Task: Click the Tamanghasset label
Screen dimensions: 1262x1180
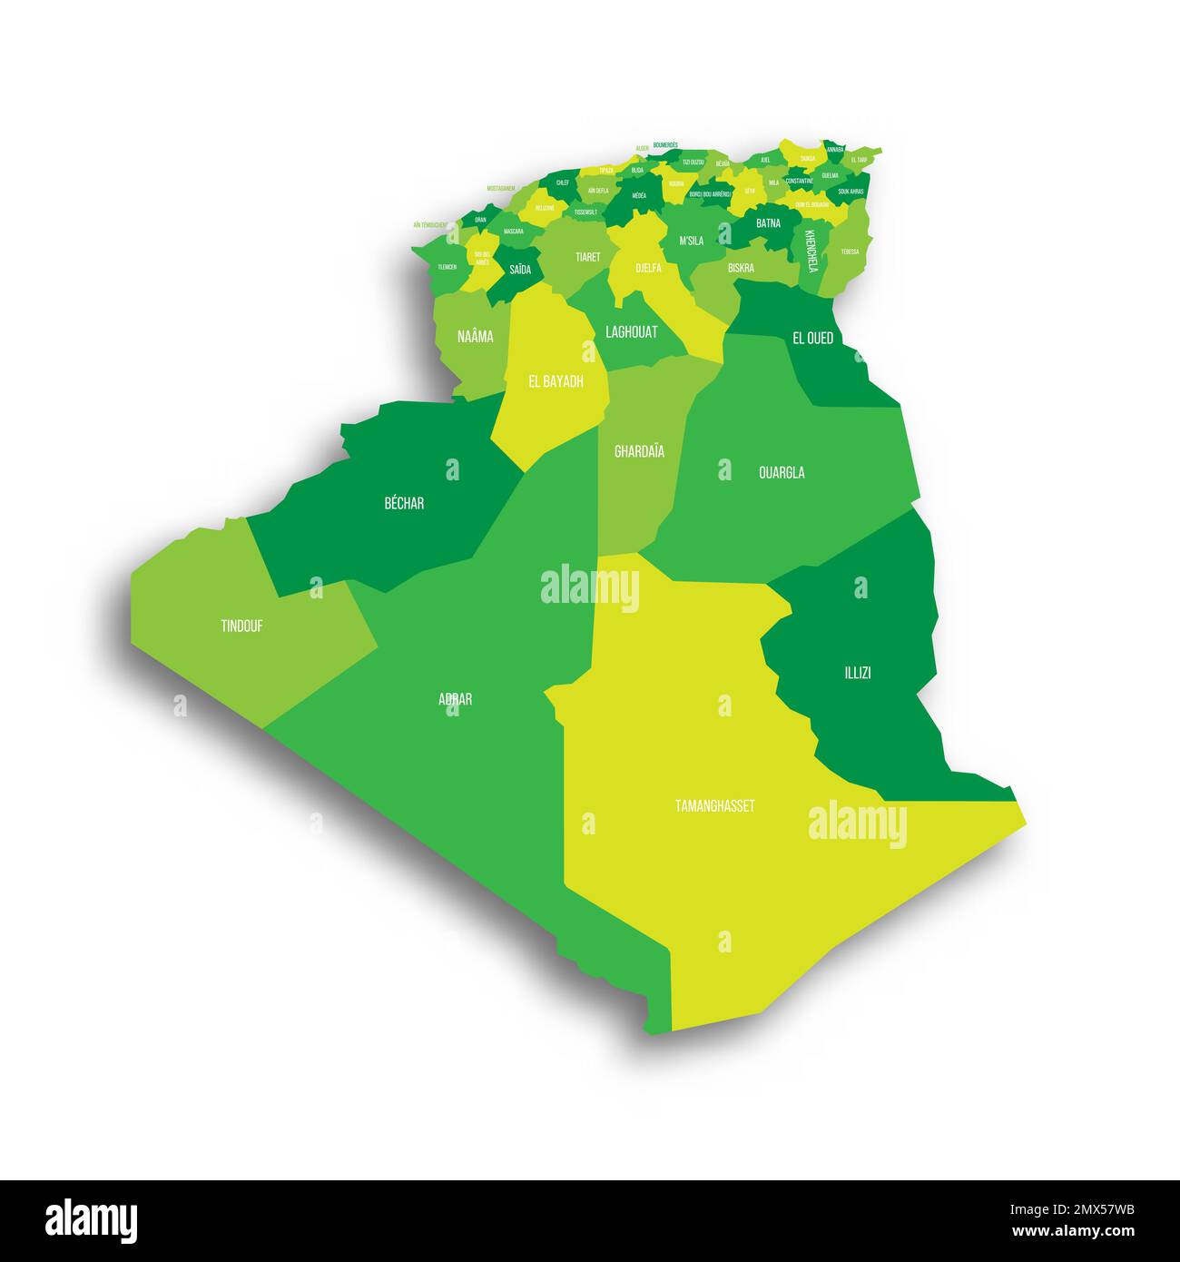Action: click(714, 805)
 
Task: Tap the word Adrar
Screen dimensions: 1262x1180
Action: click(455, 699)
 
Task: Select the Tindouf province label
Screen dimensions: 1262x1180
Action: click(241, 626)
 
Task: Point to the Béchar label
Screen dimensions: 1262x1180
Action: click(404, 503)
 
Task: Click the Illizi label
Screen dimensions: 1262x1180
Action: click(857, 673)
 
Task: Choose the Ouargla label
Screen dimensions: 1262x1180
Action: click(782, 472)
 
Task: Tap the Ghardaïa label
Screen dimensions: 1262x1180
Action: click(639, 451)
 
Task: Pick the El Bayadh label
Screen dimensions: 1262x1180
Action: click(556, 381)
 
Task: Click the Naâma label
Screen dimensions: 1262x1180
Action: click(476, 337)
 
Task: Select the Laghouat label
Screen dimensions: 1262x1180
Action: click(631, 332)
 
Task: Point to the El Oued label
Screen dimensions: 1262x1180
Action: click(812, 338)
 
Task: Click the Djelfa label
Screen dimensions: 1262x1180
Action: click(648, 268)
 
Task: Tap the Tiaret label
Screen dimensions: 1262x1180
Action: click(587, 257)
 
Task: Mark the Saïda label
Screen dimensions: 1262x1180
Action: click(520, 269)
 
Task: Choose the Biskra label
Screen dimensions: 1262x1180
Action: click(741, 268)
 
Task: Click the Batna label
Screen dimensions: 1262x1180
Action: click(768, 222)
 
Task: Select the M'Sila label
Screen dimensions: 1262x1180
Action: click(692, 241)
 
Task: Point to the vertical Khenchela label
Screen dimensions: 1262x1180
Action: click(811, 250)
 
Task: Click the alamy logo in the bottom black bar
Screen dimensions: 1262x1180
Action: click(91, 1221)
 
